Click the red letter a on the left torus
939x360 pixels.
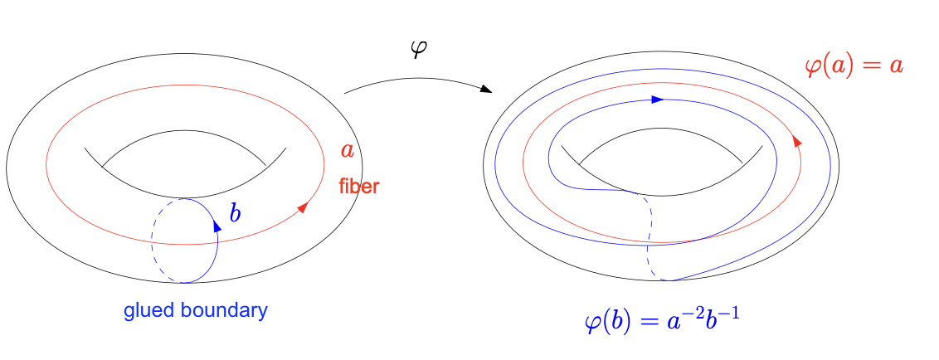click(348, 150)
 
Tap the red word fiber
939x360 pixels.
click(358, 187)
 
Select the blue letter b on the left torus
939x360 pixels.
click(235, 212)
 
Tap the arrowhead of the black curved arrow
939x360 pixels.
click(485, 90)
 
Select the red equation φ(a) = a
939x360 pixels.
click(854, 65)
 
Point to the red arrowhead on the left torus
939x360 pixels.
click(303, 207)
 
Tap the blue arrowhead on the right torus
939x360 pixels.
click(658, 99)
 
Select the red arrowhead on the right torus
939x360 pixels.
click(797, 140)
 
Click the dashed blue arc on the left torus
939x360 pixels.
click(152, 241)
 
